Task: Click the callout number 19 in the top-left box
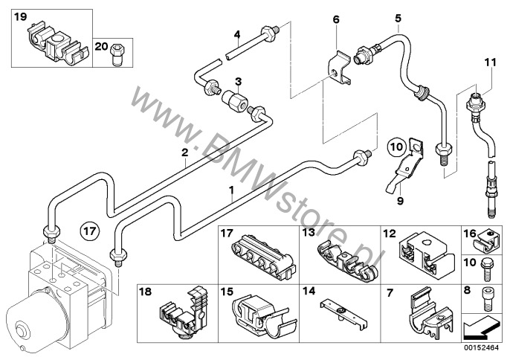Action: pos(20,16)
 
